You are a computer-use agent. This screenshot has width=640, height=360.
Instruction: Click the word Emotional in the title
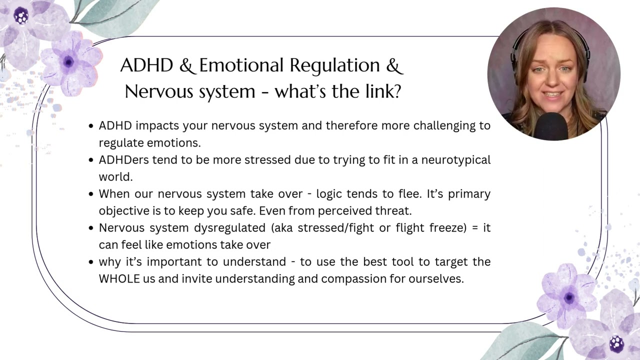click(241, 65)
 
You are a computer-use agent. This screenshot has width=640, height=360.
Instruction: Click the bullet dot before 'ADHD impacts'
click(90, 126)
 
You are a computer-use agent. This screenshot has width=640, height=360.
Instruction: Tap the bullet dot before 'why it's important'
click(90, 262)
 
